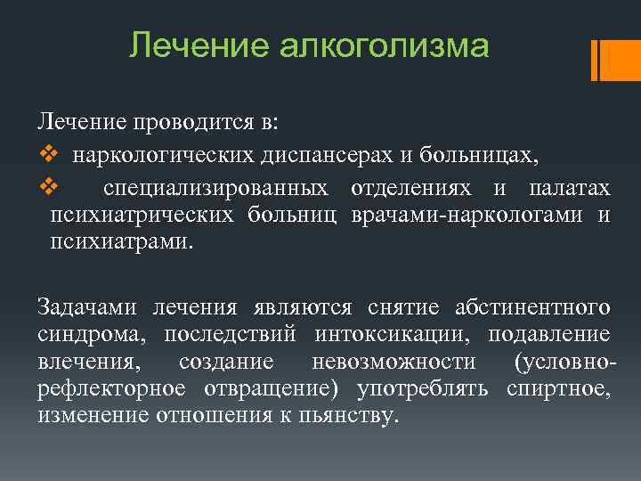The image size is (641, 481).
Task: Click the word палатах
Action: tap(569, 188)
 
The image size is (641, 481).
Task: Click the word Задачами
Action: tap(86, 308)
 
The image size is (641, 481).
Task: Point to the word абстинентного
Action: tap(533, 308)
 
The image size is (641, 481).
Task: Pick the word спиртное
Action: tap(558, 389)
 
